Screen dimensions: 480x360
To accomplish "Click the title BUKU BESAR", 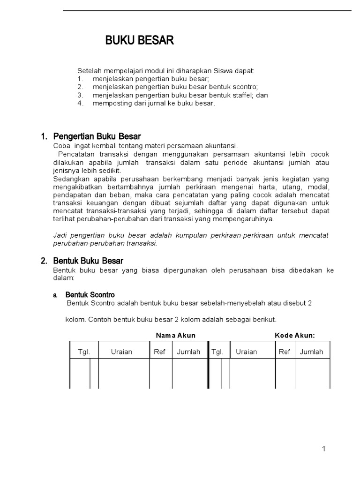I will (x=139, y=41).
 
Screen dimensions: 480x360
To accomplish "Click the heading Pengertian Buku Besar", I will (x=97, y=137).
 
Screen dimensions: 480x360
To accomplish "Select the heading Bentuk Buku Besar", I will (x=88, y=261).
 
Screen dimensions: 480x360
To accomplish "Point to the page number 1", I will (x=323, y=449).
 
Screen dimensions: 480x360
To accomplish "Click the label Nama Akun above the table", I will (x=176, y=336).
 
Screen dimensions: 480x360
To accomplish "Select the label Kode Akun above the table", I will (x=294, y=336).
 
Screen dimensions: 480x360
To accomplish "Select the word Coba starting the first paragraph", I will (x=62, y=146).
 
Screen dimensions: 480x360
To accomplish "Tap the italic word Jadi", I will (x=60, y=235).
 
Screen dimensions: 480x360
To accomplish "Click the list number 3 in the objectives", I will (x=81, y=95).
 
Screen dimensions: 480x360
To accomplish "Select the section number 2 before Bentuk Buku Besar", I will (x=44, y=261).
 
